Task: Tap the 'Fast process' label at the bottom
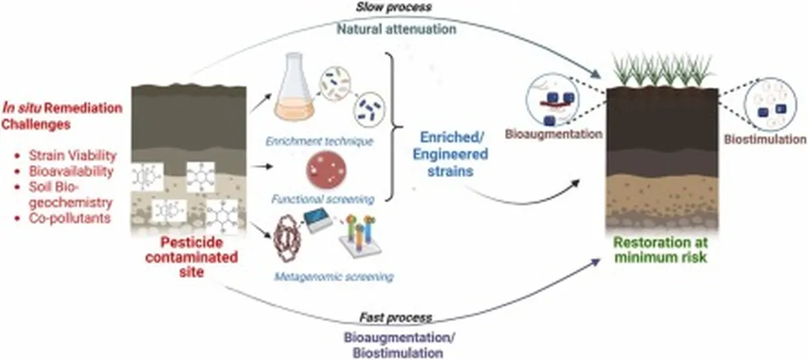click(x=395, y=317)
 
